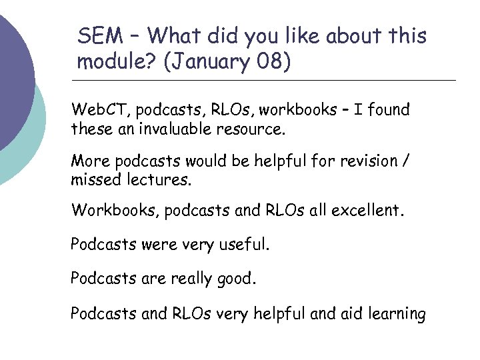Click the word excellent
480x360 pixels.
click(367, 211)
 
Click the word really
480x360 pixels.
click(183, 279)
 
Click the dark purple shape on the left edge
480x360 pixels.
click(13, 73)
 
